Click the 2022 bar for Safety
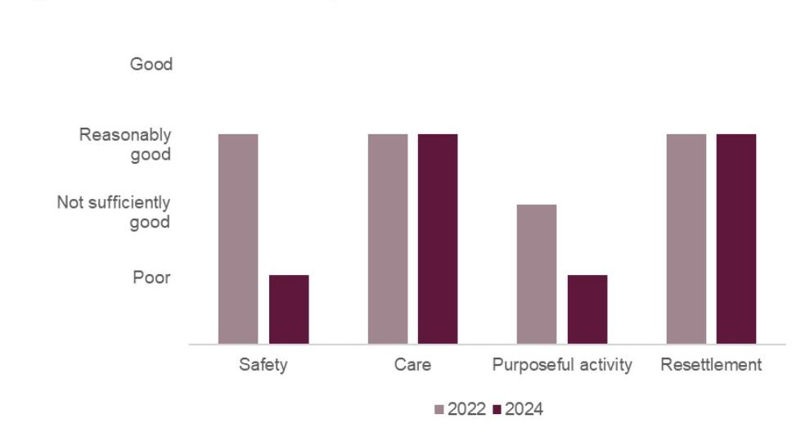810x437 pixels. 238,239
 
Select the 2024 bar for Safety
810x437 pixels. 289,309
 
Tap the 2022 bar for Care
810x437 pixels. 388,239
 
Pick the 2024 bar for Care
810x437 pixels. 438,239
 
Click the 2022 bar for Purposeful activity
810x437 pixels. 537,274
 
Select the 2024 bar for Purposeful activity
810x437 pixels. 587,309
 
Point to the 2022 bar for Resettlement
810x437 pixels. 686,239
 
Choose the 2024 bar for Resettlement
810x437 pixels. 736,239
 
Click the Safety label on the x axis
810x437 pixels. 263,365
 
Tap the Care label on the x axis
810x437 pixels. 412,365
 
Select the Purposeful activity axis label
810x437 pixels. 562,365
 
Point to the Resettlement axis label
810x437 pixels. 711,365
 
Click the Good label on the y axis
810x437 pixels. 151,65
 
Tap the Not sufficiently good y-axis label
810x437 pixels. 114,212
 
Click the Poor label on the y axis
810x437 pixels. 152,277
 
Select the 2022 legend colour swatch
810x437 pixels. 439,410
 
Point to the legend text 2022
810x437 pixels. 466,410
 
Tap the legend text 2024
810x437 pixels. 524,410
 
